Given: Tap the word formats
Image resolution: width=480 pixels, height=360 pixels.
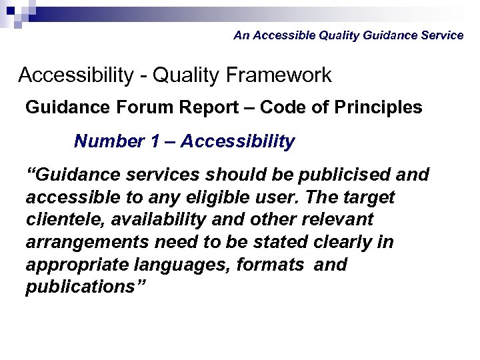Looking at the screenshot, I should pos(273,265).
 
